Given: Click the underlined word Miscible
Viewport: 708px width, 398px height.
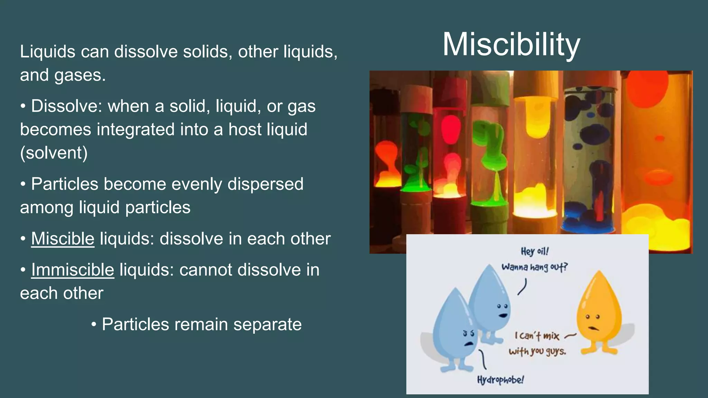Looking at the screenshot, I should coord(63,239).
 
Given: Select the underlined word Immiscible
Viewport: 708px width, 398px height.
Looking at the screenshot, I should coord(72,270).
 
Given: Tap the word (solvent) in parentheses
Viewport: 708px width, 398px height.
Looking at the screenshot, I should coord(54,153).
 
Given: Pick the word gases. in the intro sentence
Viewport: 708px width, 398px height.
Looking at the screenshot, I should coord(80,75).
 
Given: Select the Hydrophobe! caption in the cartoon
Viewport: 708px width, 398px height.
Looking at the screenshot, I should coord(500,380).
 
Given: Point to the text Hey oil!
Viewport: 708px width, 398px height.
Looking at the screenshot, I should coord(534,251).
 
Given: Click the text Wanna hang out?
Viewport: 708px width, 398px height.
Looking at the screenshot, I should coord(534,267).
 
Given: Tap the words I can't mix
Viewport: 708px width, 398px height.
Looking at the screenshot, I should coord(537,335).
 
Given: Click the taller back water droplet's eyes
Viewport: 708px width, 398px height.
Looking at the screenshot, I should coord(502,306).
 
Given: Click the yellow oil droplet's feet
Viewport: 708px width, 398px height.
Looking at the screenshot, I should coord(599,351).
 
